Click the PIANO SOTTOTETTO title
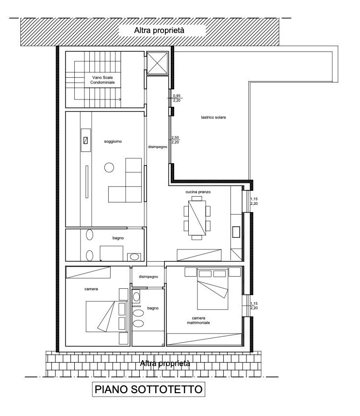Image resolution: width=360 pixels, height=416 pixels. pos(148,389)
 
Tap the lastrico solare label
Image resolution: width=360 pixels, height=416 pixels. pos(213,117)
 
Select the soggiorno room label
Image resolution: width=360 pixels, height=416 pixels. pos(113,141)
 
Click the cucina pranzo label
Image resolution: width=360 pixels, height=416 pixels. pos(198,192)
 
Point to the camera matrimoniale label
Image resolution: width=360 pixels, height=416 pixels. pos(198,320)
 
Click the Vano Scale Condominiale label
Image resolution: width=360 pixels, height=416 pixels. pos(102,80)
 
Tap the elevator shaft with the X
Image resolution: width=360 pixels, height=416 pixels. pos(158,63)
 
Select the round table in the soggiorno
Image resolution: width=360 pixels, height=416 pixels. pos(109,167)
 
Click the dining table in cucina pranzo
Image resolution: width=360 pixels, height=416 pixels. pos(197,218)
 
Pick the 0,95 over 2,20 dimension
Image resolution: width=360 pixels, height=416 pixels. pos(177,98)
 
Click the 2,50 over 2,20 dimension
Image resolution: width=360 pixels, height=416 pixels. pos(175,140)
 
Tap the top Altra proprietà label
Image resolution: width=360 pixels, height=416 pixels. pos(159,30)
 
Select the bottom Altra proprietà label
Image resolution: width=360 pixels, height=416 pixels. pos(165,363)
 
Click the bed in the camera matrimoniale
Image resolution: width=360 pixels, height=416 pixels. pos(213,289)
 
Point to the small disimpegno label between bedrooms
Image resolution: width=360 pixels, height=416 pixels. pos(148,277)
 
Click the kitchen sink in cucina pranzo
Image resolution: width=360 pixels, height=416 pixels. pos(236,232)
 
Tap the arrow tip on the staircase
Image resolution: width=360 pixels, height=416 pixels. pos(121,100)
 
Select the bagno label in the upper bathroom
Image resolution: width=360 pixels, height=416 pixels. pos(118,238)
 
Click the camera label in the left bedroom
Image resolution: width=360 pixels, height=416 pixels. pos(91,289)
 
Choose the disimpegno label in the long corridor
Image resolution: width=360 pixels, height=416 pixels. pos(158,147)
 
